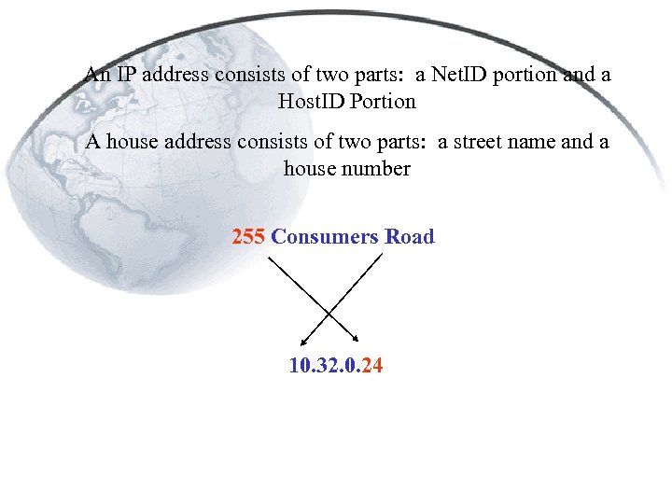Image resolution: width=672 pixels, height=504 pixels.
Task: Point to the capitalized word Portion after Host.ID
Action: pos(382,100)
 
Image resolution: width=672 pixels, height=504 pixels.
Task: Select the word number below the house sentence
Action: pos(378,169)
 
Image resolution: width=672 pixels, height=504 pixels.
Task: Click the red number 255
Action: pos(248,236)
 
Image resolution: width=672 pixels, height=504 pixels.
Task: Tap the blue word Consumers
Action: pos(324,236)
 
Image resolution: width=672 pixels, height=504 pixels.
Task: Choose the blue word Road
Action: pos(410,236)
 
